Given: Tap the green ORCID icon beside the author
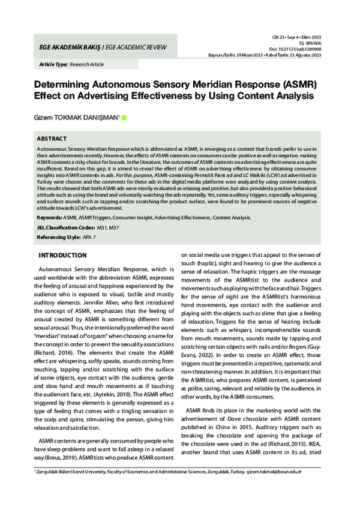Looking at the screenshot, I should [x=124, y=118].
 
